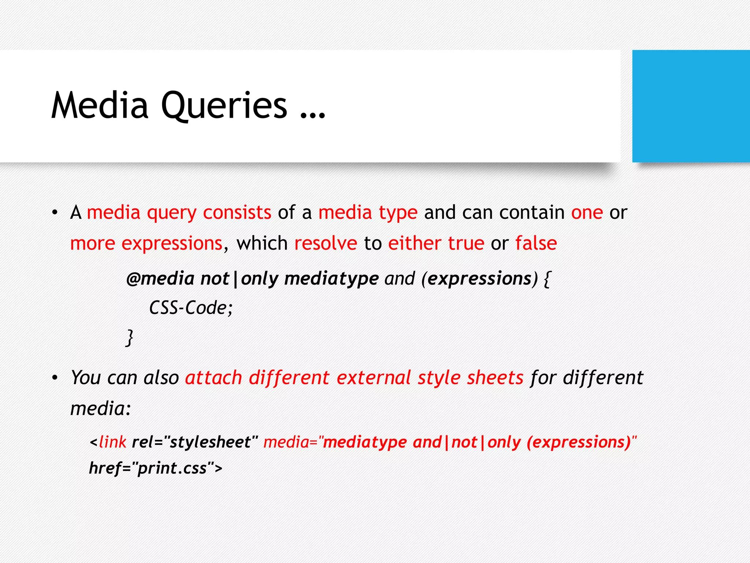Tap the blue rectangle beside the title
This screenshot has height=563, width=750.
click(691, 106)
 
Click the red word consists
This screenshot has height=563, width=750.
click(237, 213)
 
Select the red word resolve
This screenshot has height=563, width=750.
click(326, 243)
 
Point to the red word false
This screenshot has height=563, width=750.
click(536, 243)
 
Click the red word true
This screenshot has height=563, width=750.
click(466, 243)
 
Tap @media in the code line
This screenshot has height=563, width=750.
click(160, 279)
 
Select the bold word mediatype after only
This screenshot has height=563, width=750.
click(331, 279)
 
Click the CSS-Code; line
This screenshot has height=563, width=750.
click(190, 308)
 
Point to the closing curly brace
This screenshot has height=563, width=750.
click(129, 338)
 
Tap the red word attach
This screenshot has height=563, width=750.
click(214, 378)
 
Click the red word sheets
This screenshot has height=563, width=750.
click(495, 378)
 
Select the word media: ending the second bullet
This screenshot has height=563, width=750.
click(100, 408)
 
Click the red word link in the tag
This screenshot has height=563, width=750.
click(112, 442)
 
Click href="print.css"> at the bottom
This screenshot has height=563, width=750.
click(156, 468)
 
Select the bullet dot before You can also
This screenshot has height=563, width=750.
click(55, 378)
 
